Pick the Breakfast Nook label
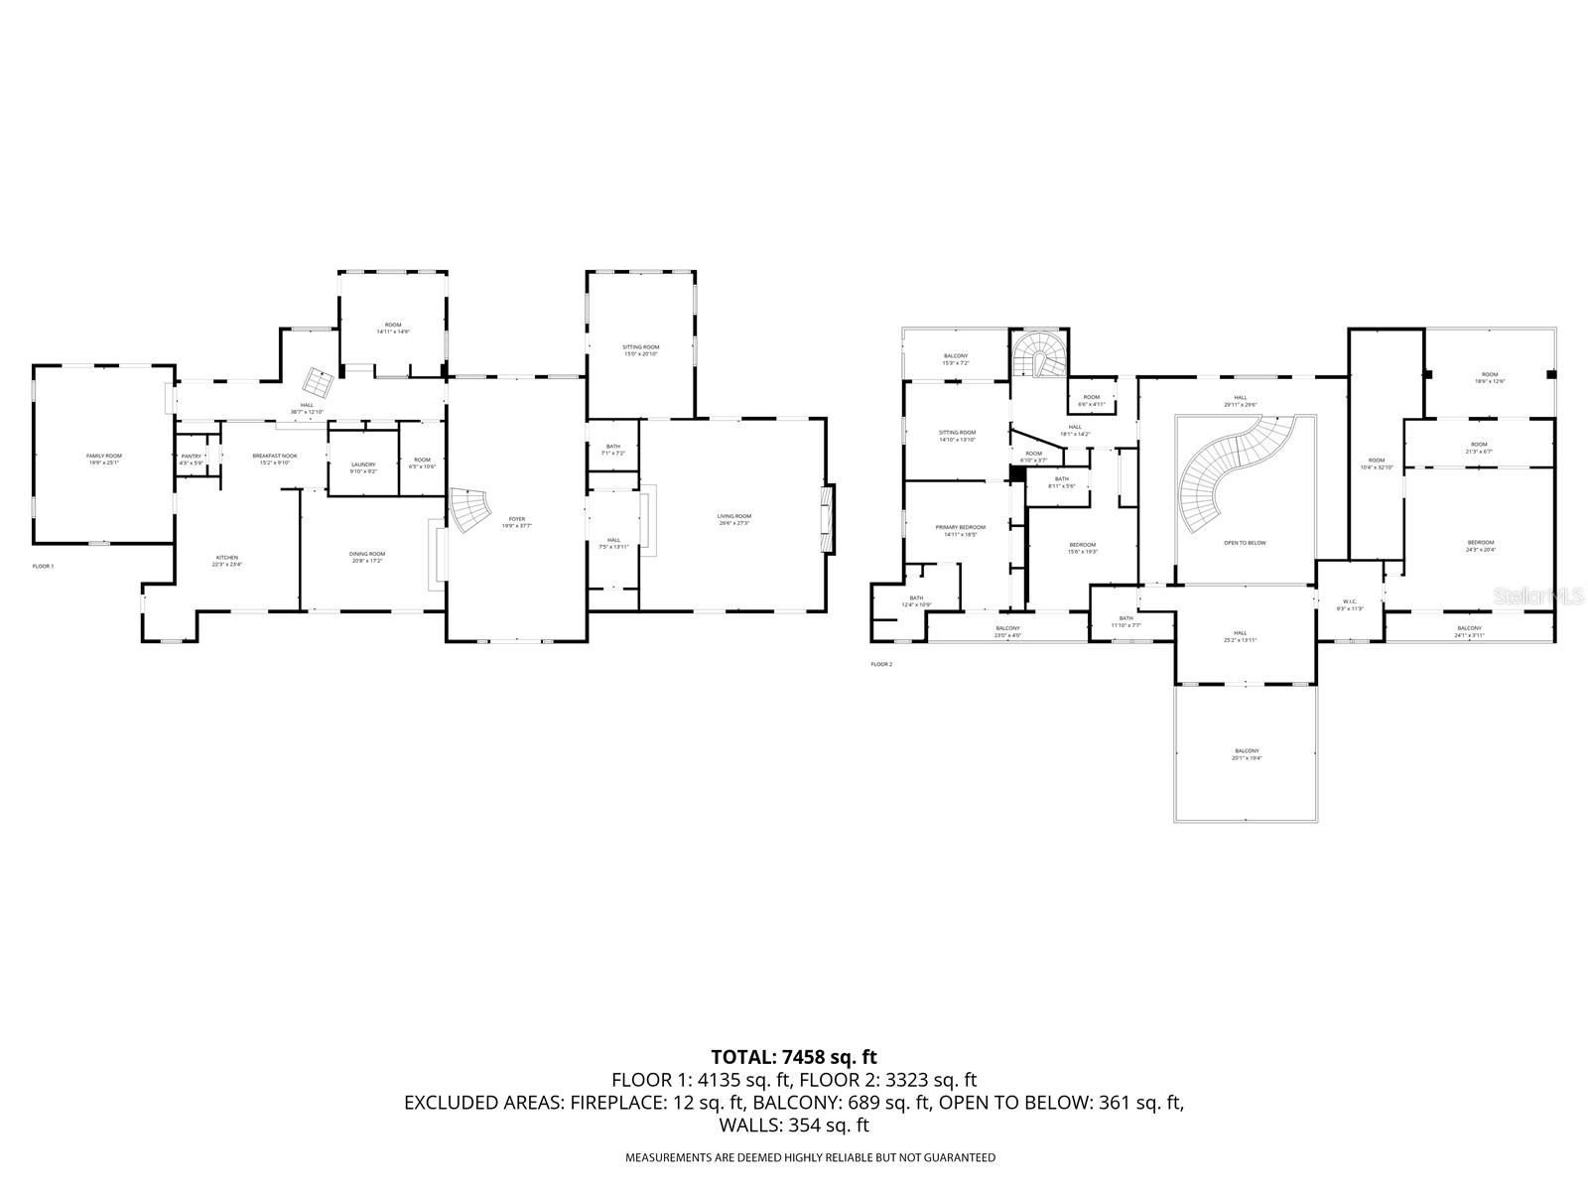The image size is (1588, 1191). point(273,459)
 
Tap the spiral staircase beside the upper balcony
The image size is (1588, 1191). point(1040,355)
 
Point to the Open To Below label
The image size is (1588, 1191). point(1245,543)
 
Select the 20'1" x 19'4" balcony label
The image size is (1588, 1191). point(1247,753)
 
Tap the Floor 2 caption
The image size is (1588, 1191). point(880,664)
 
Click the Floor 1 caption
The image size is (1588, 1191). point(43,566)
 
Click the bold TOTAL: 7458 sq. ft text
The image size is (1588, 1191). point(794,1057)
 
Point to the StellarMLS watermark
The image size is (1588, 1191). point(1539,596)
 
